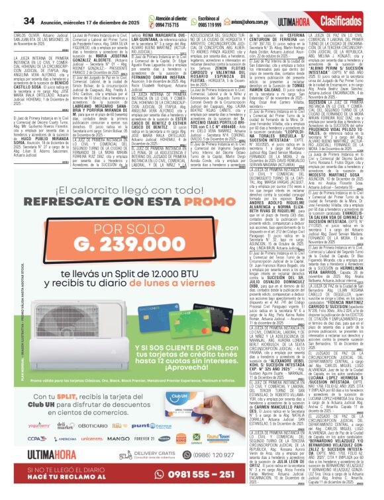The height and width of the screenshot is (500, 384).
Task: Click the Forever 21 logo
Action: click(x=145, y=438)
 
